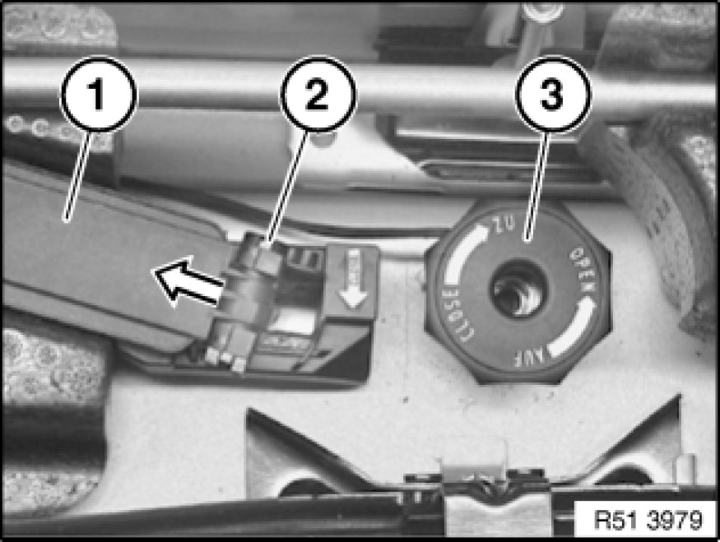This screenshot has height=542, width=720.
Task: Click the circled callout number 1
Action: point(98,95)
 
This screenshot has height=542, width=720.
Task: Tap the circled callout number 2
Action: point(318,94)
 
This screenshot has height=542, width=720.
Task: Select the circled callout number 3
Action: point(553,94)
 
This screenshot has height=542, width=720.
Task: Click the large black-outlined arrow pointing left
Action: point(188,282)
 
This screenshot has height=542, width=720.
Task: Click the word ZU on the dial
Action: point(504,225)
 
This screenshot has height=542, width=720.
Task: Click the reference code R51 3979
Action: point(648,520)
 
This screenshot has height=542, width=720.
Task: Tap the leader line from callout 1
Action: point(79,177)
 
